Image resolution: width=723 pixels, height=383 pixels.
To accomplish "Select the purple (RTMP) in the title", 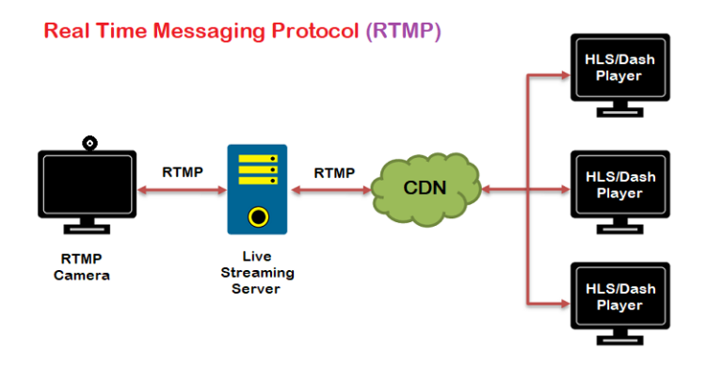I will point(403,31).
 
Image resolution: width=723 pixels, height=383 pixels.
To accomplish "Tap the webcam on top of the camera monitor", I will point(89,143).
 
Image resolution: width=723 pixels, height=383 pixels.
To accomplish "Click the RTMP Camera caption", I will point(82,267).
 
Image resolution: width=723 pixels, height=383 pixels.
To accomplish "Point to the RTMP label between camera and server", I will point(182,172).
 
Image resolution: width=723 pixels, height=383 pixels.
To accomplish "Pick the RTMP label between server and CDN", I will point(334,172).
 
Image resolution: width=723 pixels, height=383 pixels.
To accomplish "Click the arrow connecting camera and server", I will point(182,190).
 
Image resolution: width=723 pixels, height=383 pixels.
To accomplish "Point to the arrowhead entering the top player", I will point(564,74).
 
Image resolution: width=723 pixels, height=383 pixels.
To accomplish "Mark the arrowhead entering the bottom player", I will point(564,303).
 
